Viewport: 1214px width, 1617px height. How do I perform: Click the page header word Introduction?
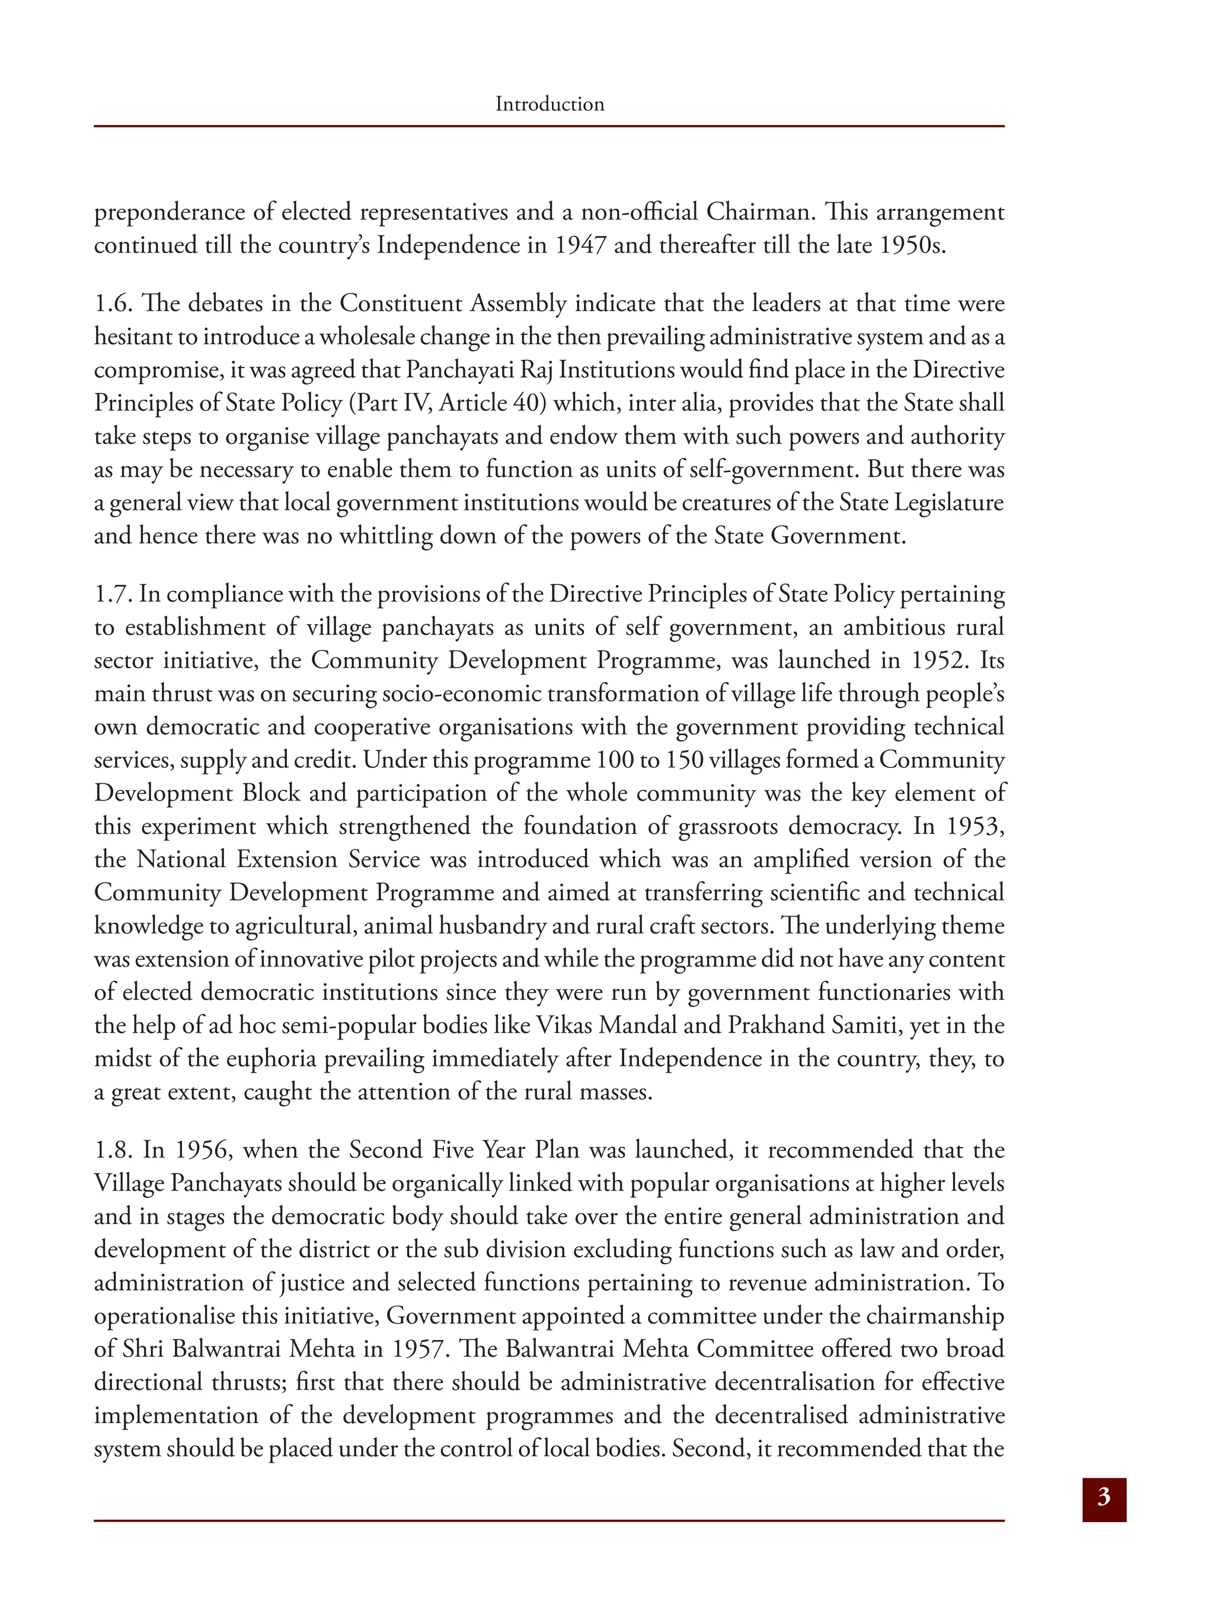550,104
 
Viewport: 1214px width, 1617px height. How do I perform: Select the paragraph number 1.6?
113,304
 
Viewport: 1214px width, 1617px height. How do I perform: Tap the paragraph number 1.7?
113,594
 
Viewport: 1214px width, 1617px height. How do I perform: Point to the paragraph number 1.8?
113,1150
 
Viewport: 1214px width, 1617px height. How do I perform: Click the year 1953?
975,826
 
